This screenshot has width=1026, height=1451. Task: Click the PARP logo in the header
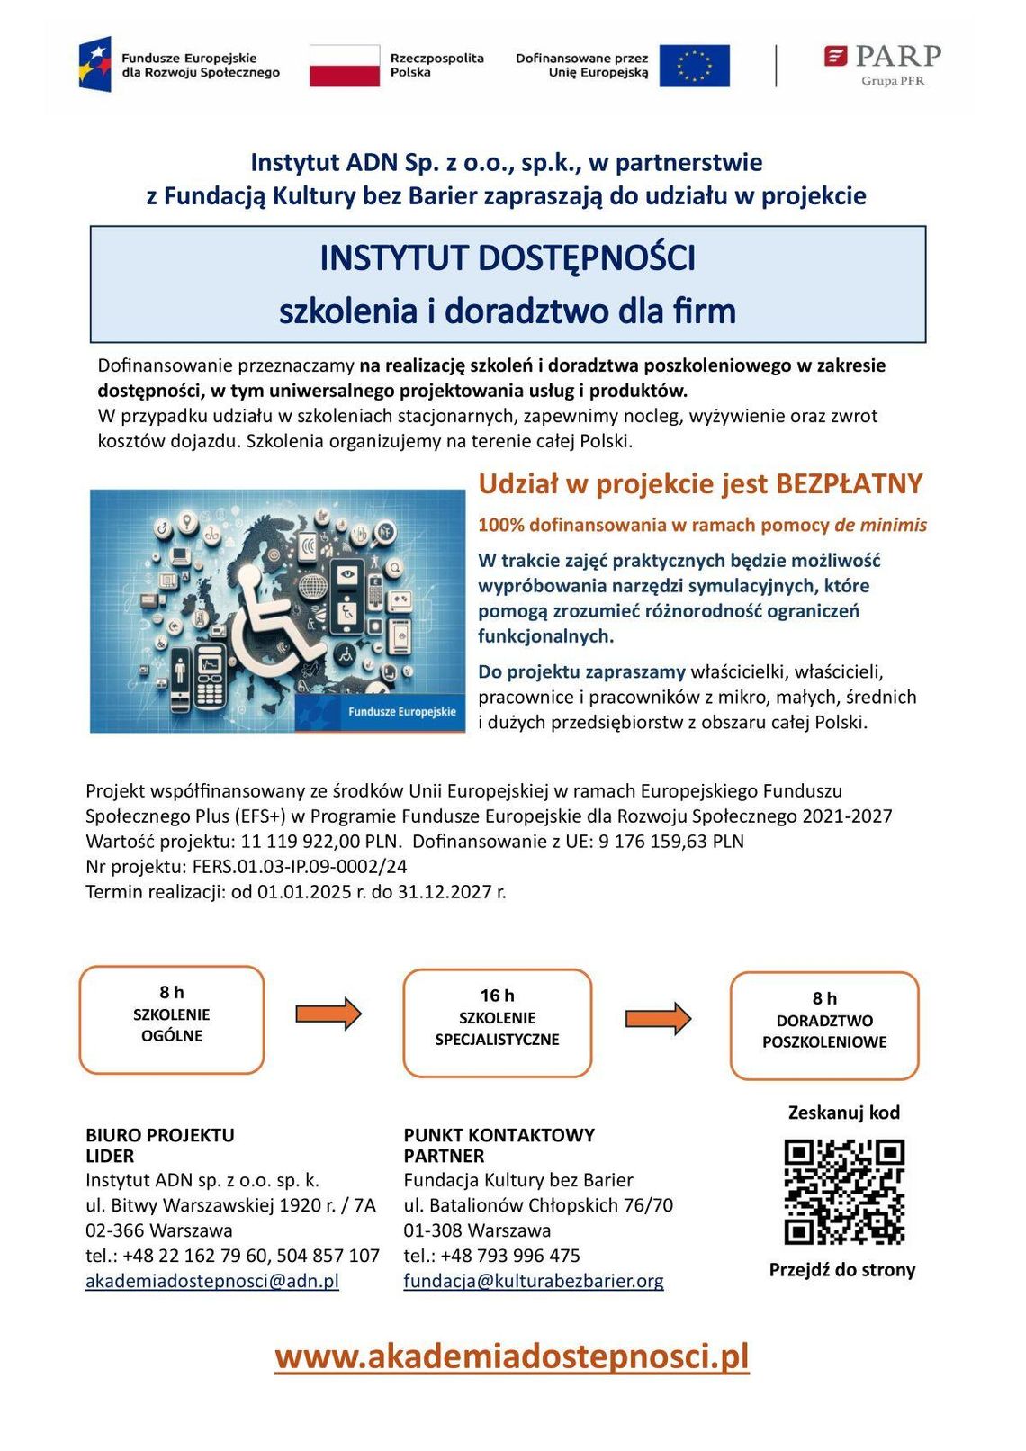[882, 63]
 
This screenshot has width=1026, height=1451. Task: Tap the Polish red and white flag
[345, 65]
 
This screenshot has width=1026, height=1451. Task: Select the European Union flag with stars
[694, 65]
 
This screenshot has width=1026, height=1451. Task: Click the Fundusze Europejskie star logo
[94, 64]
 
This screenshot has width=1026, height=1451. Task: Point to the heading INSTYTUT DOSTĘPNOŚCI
[508, 258]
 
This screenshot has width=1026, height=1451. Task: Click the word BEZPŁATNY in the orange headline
[850, 483]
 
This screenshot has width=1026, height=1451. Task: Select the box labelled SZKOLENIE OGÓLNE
[172, 1020]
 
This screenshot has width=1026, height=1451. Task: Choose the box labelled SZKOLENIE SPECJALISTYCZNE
[497, 1023]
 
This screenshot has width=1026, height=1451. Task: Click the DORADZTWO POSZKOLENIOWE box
[824, 1025]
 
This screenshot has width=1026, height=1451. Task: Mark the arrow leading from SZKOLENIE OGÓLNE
[328, 1014]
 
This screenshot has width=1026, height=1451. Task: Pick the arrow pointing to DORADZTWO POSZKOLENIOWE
[659, 1018]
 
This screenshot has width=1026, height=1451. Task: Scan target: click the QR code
[844, 1192]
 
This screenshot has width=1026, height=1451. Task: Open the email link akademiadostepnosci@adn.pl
[212, 1281]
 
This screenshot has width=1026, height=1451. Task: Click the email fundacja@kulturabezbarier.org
[534, 1281]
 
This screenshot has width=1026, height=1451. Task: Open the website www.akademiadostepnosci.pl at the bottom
[512, 1356]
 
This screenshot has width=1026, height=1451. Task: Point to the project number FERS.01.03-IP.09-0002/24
[300, 867]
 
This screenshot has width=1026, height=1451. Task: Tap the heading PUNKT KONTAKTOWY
[499, 1135]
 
